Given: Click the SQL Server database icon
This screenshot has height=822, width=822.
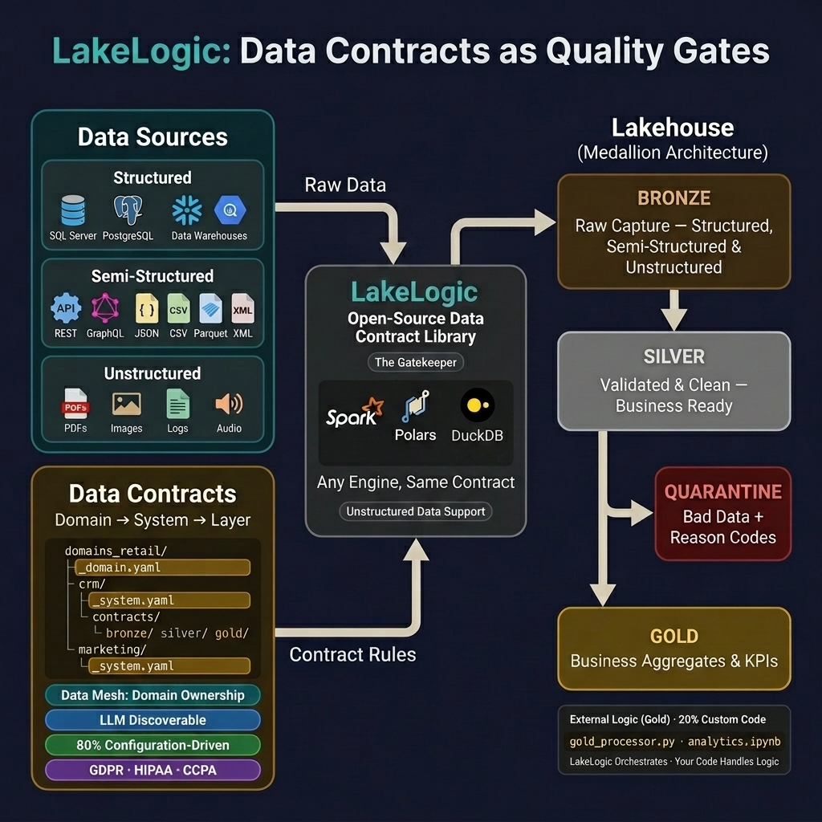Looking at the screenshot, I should click(72, 210).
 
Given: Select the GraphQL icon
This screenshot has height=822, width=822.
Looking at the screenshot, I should click(105, 308).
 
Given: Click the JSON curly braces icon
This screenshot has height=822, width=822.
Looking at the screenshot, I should click(147, 308).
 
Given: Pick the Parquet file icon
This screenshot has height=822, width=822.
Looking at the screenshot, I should click(210, 308).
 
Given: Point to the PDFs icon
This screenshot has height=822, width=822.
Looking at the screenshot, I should click(75, 404).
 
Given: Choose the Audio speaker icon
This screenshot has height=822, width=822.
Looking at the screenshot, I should click(229, 404).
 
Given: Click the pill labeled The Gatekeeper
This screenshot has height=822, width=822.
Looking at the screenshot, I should click(416, 362).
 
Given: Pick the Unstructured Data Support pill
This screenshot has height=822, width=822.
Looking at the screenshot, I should click(416, 511).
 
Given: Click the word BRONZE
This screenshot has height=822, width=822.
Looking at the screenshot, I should click(673, 198).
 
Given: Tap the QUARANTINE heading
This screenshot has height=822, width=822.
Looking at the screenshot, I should click(722, 491).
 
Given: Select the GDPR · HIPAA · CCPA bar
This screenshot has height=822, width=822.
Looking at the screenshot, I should click(153, 770).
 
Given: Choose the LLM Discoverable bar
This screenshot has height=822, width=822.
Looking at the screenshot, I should click(153, 720).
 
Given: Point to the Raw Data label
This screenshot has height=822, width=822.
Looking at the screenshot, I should click(345, 185).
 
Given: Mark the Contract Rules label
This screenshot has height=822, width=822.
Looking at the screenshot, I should click(352, 654).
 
